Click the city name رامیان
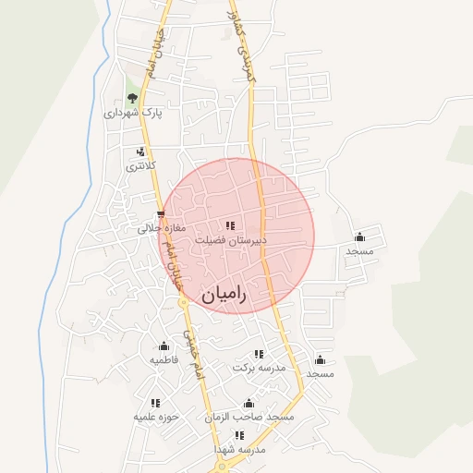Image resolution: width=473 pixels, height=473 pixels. point(224,296)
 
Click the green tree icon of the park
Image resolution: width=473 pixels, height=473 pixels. point(132,97)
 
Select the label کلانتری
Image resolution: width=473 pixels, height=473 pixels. point(141,166)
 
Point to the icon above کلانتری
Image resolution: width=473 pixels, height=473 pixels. point(140,152)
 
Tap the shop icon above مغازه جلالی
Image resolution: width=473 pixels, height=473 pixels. point(162,213)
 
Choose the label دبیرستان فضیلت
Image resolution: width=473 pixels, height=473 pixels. point(230,240)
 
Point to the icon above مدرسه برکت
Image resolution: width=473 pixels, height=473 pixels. point(259,354)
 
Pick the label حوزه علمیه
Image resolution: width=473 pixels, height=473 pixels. point(154,418)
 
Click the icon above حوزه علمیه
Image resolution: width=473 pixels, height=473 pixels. point(155,403)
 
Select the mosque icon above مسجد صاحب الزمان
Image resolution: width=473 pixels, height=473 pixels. point(248,403)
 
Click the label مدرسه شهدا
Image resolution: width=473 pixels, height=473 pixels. point(239,449)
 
